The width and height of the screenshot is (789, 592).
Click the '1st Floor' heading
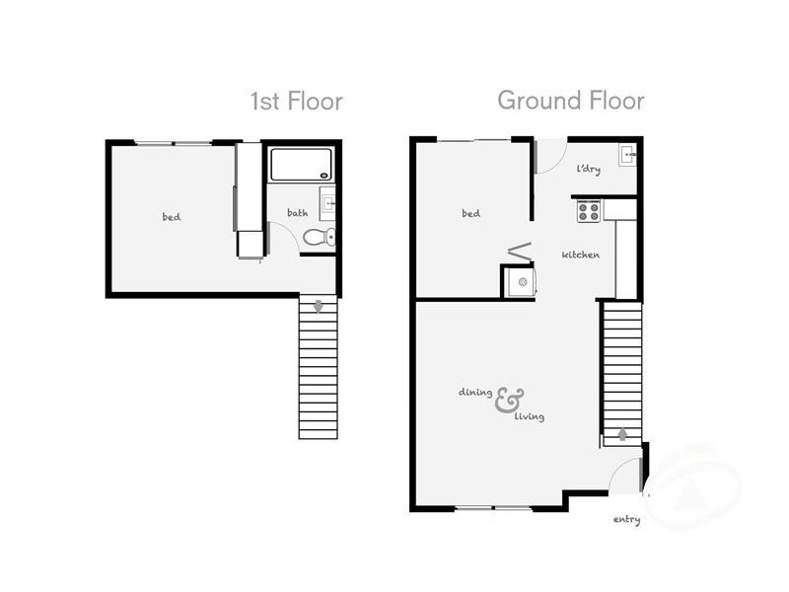pyautogui.click(x=296, y=101)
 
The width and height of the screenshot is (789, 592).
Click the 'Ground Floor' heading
pyautogui.click(x=570, y=100)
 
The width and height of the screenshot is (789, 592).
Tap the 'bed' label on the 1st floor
pyautogui.click(x=172, y=217)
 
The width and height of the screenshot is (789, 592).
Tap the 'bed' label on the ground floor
pyautogui.click(x=470, y=213)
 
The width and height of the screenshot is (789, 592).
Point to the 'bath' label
pyautogui.click(x=297, y=212)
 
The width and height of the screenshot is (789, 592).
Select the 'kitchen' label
pyautogui.click(x=581, y=255)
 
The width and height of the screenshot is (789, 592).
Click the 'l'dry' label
pyautogui.click(x=588, y=169)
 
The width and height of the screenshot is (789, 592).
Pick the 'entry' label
pyautogui.click(x=626, y=519)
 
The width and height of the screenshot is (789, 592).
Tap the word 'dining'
pyautogui.click(x=474, y=392)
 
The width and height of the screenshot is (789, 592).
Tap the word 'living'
pyautogui.click(x=530, y=416)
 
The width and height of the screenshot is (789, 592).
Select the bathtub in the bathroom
pyautogui.click(x=300, y=164)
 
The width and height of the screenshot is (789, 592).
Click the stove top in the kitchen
pyautogui.click(x=589, y=210)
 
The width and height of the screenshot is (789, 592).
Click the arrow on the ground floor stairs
pyautogui.click(x=622, y=433)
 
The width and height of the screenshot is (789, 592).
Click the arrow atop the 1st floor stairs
pyautogui.click(x=318, y=306)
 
